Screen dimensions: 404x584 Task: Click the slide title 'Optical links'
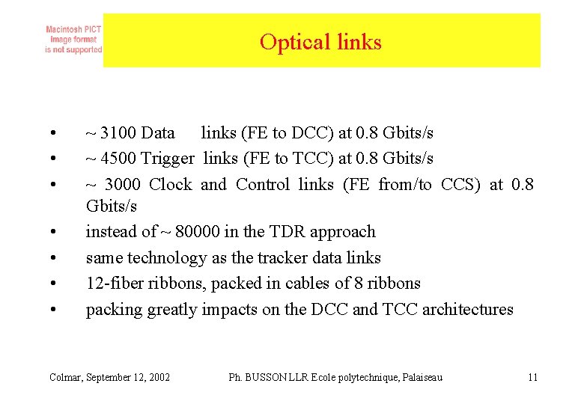320,42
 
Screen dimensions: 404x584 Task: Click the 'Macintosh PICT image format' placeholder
73,40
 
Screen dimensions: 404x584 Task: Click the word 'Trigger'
168,159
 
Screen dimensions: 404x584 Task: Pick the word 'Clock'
170,184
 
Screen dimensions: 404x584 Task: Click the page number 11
532,377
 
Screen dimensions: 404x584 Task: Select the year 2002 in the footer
159,377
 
